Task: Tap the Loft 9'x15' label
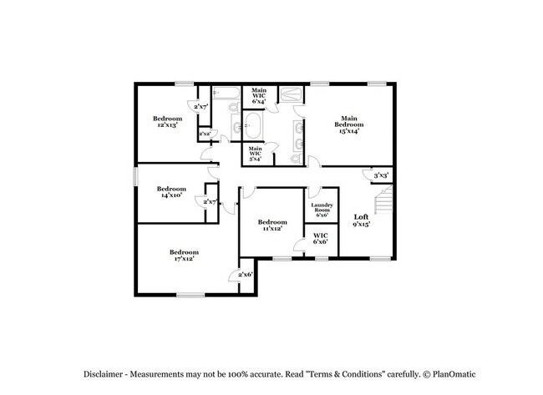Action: point(361,220)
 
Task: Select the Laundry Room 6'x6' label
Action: point(322,210)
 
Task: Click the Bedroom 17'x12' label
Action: point(184,256)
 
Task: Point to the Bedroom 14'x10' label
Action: point(171,193)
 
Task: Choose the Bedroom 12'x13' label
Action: point(167,123)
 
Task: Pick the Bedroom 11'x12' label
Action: point(272,225)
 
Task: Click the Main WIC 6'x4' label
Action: point(259,96)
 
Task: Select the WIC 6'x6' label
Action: point(320,240)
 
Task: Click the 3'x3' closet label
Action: point(381,175)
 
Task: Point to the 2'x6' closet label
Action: point(246,274)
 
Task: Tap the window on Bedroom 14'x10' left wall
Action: point(136,176)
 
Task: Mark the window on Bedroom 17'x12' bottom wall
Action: point(190,294)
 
